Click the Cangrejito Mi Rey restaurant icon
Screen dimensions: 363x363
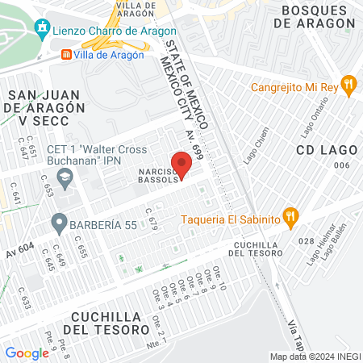[348, 83]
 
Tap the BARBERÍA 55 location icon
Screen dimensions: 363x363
[58, 220]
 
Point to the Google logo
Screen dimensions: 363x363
[27, 353]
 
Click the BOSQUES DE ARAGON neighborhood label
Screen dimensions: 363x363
[314, 16]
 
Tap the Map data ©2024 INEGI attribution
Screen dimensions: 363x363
[315, 356]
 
